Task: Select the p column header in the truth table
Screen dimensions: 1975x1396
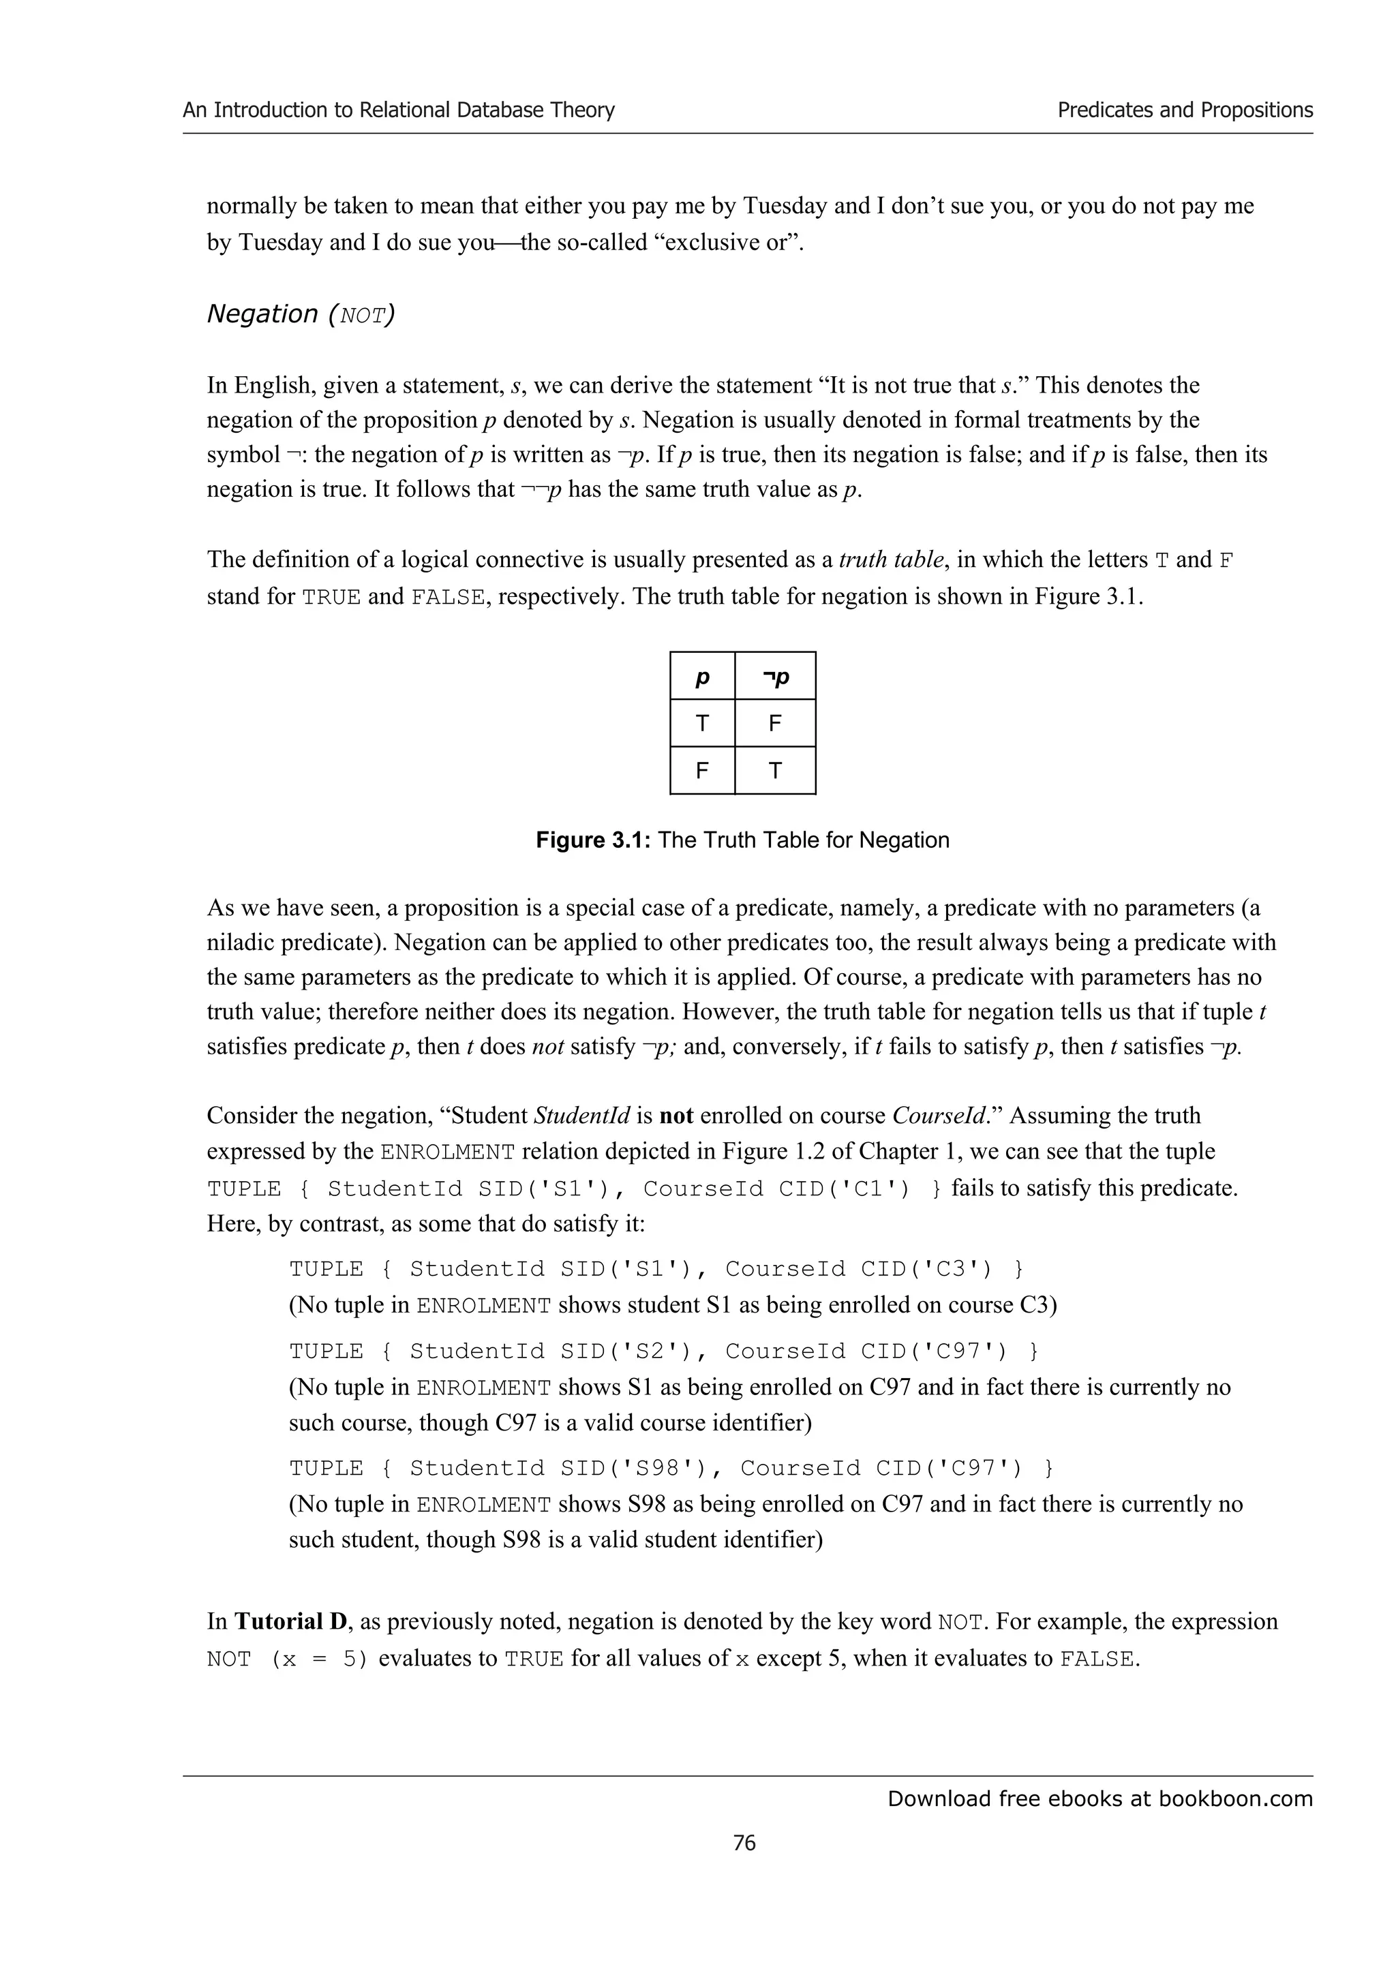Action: tap(702, 677)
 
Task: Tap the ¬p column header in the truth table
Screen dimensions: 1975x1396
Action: tap(775, 677)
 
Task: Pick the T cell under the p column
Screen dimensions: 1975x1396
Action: tap(702, 724)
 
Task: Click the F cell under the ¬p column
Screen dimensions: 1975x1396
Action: tap(775, 724)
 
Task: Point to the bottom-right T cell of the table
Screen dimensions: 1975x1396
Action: tap(775, 771)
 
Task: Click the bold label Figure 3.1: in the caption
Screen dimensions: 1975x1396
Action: tap(594, 840)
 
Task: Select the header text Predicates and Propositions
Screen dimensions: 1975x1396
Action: tap(1185, 110)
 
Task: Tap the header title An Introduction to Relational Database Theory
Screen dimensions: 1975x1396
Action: tap(398, 110)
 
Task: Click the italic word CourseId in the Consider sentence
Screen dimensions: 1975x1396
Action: tap(943, 1116)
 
